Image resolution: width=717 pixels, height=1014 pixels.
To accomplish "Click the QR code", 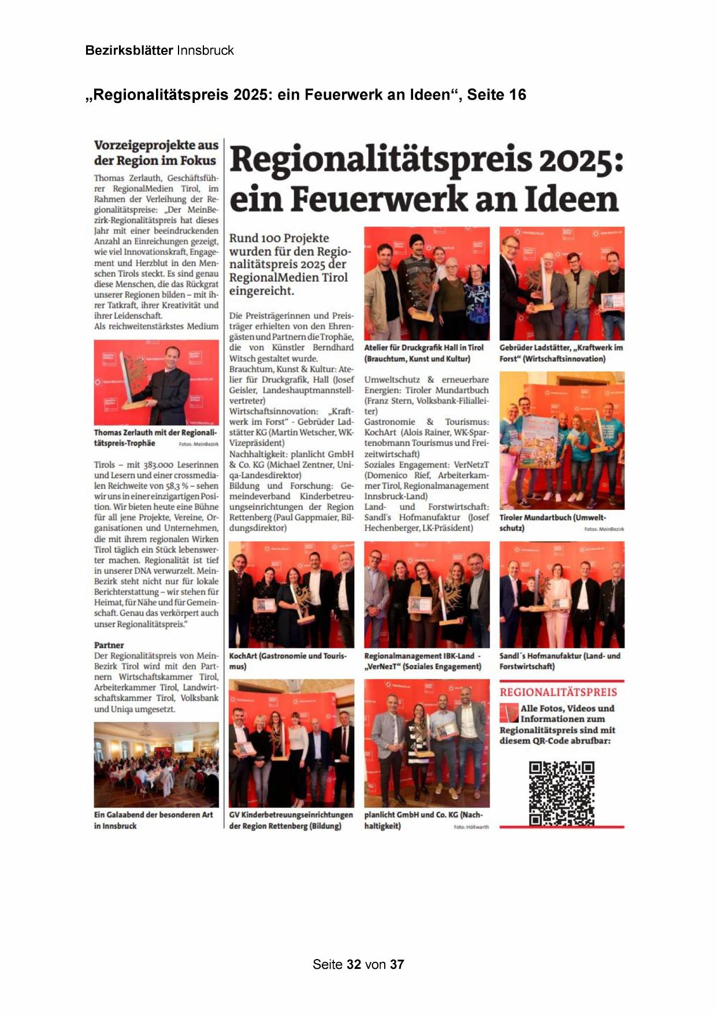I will (562, 793).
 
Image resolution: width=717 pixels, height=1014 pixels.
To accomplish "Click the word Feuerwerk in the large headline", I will (379, 199).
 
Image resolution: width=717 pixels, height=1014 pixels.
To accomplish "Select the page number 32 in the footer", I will (354, 964).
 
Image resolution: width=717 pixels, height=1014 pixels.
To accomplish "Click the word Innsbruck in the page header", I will (205, 50).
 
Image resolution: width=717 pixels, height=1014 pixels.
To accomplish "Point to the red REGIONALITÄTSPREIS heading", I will (558, 692).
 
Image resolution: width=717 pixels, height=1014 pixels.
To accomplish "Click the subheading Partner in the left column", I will (109, 645).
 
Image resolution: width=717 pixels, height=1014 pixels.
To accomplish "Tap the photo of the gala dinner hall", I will (157, 764).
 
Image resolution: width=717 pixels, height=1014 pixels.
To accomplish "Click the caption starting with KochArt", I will (288, 661).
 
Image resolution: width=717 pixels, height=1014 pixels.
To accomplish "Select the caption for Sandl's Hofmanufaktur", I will (559, 661).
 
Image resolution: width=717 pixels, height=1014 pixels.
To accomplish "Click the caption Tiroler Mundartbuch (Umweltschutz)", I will (552, 523).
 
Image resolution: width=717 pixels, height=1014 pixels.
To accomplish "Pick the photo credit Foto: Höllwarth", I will (471, 827).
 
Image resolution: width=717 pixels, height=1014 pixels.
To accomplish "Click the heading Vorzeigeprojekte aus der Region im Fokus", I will (156, 153).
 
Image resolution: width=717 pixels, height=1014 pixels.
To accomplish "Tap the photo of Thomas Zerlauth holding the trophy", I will (157, 383).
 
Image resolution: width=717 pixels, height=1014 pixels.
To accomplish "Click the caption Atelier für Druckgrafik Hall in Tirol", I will (423, 353).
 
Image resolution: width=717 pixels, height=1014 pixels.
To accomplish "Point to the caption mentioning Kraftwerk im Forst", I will (561, 353).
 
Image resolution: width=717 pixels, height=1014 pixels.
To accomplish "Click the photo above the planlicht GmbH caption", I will (426, 743).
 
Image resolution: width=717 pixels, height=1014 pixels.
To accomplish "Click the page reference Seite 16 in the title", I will (496, 95).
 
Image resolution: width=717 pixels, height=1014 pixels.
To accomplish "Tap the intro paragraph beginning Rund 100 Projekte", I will (289, 264).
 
